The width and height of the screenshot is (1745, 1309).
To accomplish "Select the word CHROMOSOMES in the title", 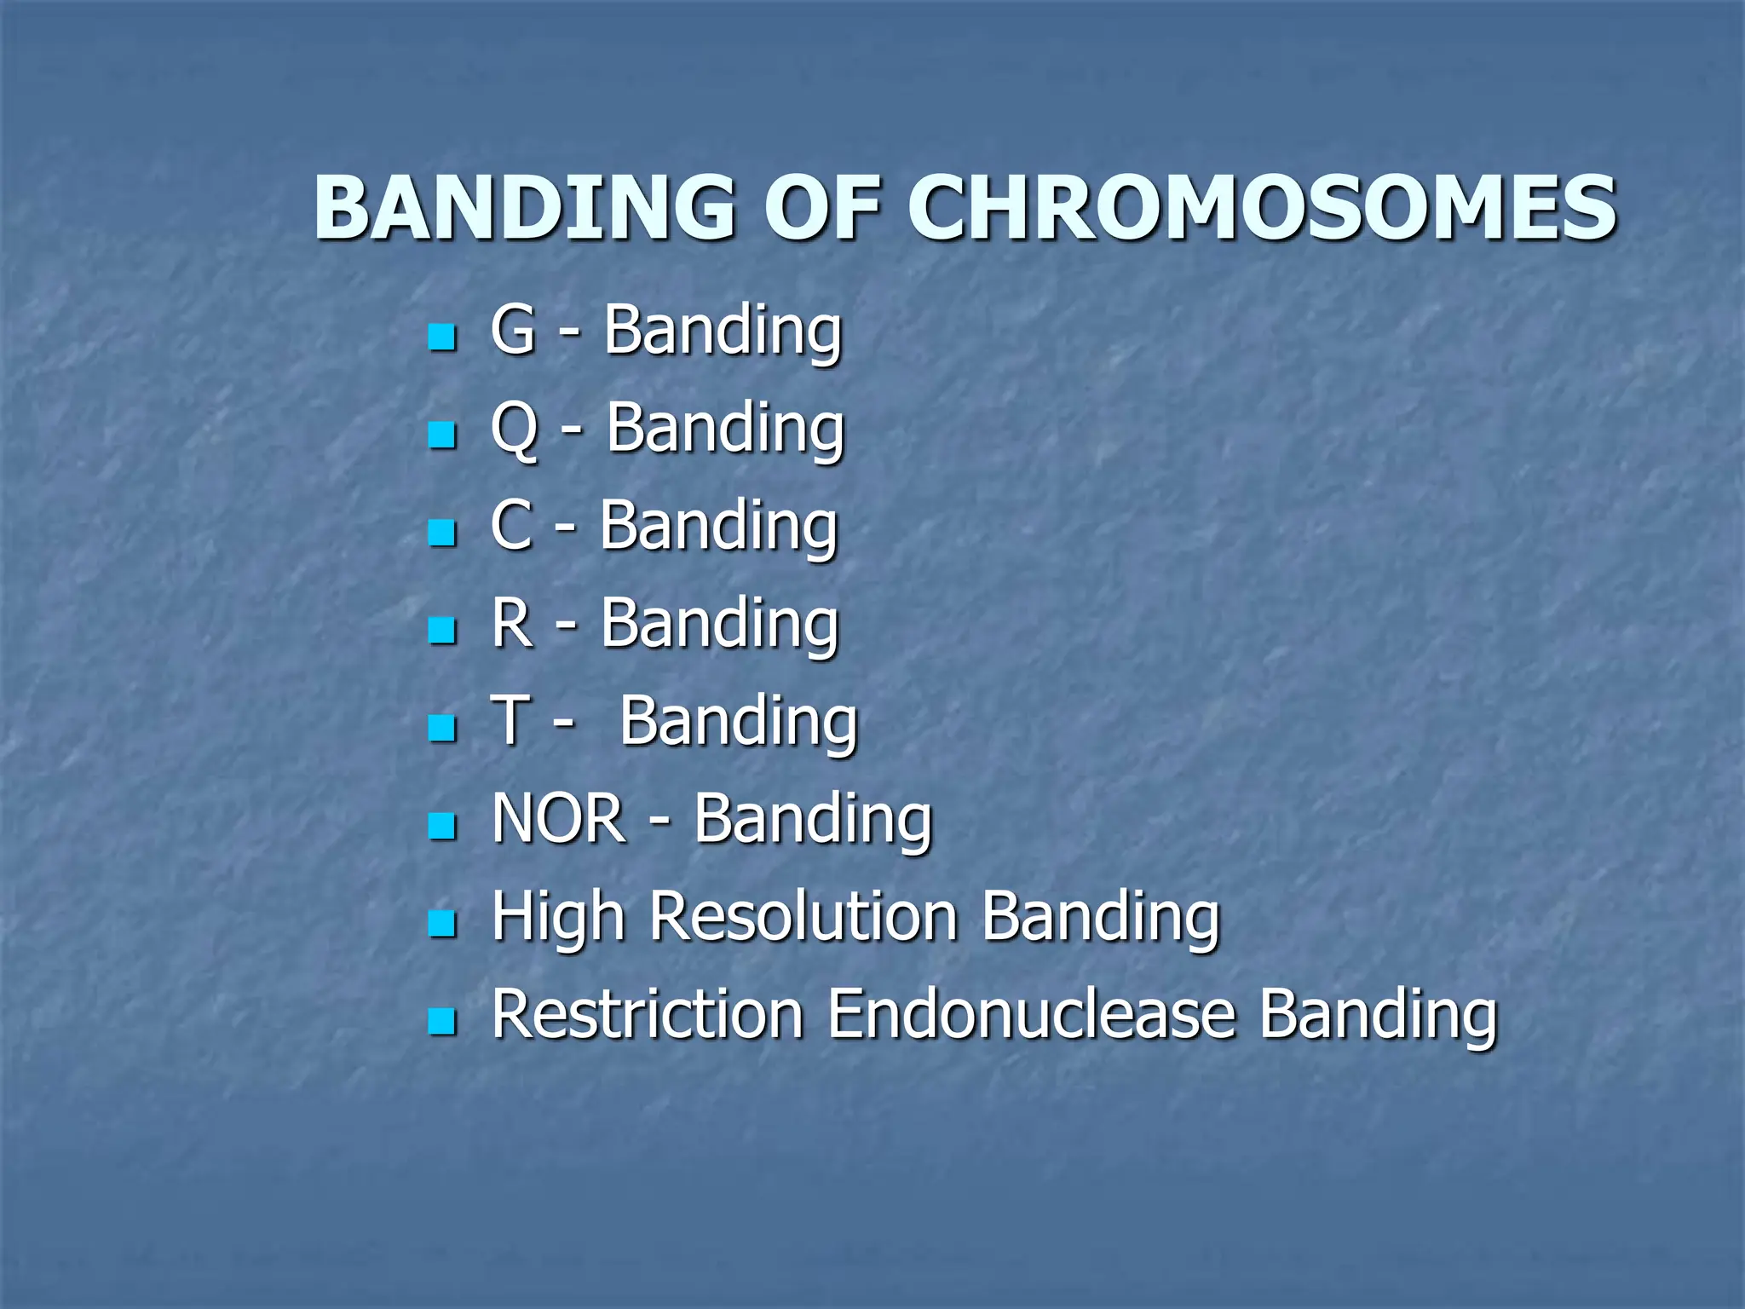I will coord(1261,207).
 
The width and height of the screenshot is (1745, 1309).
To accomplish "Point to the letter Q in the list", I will coord(515,429).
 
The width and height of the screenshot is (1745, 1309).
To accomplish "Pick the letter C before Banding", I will coord(511,525).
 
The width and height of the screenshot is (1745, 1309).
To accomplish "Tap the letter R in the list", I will coord(512,623).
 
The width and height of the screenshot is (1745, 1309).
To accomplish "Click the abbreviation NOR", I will coord(558,819).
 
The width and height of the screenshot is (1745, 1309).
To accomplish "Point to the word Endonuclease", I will coord(1031,1014).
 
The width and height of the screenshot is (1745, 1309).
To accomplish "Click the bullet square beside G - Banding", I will coord(442,337).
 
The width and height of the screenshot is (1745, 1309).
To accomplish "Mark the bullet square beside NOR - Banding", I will coord(442,826).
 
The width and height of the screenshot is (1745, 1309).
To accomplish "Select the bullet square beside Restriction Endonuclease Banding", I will coord(442,1020).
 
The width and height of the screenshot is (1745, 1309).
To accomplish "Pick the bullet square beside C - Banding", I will coord(442,533).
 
